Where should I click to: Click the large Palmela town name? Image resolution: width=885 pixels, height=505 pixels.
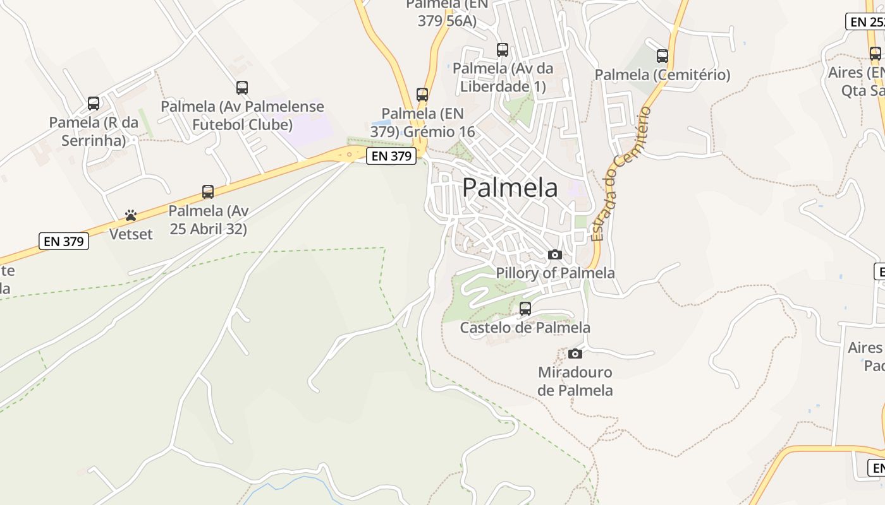(x=510, y=187)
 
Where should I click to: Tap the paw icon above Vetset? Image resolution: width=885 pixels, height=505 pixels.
(x=131, y=215)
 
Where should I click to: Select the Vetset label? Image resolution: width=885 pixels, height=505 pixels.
(x=131, y=234)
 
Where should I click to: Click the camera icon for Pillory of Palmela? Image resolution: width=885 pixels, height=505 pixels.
(x=555, y=254)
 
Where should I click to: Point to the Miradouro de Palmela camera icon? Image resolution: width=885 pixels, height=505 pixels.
(x=575, y=353)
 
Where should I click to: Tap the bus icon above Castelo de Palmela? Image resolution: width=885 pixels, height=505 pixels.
(x=525, y=309)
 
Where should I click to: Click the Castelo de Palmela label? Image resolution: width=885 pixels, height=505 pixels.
(x=525, y=328)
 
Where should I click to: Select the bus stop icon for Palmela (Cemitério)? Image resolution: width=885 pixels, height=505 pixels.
(x=662, y=56)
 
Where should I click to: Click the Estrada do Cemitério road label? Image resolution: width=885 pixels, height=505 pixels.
(x=620, y=175)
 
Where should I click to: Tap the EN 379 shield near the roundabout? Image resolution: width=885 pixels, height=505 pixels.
(x=392, y=156)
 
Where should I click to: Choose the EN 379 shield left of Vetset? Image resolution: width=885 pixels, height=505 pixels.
(x=64, y=241)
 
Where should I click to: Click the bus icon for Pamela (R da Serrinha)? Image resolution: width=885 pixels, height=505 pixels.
(x=94, y=103)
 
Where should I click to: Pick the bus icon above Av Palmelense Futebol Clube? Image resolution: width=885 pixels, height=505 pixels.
(x=242, y=88)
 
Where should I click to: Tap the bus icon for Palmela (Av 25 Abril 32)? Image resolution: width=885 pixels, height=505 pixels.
(x=208, y=192)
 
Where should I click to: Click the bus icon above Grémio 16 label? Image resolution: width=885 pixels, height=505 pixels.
(x=422, y=95)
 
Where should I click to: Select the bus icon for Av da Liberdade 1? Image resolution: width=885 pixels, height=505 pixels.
(x=503, y=49)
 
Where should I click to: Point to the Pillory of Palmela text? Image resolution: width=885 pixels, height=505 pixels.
(x=555, y=273)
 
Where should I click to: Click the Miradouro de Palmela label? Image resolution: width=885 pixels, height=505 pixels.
(x=575, y=381)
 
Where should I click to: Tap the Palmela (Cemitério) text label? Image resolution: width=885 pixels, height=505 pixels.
(x=662, y=75)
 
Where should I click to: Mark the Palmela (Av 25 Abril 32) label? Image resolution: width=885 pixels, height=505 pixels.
(x=209, y=220)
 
